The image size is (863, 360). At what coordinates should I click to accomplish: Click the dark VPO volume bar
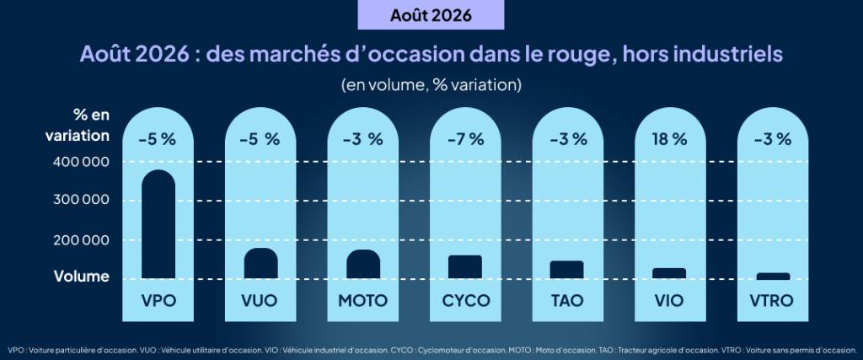point(158,224)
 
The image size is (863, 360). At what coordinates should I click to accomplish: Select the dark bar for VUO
point(261,263)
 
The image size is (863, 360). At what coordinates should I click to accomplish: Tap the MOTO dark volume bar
point(363,264)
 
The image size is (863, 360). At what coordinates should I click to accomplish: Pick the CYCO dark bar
point(465,267)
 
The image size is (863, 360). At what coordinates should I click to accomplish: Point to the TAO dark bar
point(567,270)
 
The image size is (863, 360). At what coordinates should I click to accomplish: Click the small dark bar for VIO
point(669,273)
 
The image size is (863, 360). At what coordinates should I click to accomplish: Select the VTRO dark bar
point(773,276)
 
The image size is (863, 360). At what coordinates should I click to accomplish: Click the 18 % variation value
point(669,140)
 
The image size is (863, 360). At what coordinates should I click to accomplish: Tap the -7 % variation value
point(465,140)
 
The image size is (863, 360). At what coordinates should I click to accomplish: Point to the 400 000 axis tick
point(81,163)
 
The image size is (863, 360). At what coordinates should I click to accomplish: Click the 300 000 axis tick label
point(81,200)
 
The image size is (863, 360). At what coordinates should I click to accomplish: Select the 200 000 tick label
point(81,240)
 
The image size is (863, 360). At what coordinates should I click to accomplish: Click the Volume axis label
point(82,277)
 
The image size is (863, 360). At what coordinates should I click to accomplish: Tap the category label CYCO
point(465,301)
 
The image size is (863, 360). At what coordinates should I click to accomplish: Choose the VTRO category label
point(772,301)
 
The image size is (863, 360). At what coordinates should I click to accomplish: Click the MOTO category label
point(362,301)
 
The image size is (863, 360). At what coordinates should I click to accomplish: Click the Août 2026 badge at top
point(431,15)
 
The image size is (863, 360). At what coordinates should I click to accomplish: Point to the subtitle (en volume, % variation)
point(431,85)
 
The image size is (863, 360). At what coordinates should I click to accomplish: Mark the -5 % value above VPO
point(158,140)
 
